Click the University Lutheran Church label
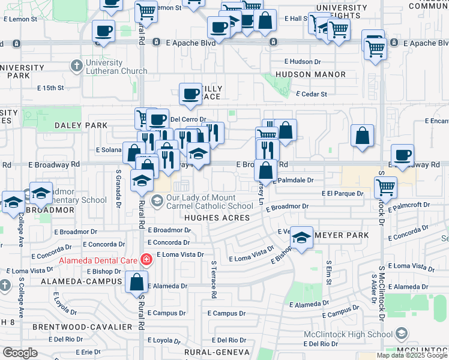pos(117,67)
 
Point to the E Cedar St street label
pos(312,94)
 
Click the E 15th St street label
pos(50,88)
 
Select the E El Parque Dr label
pos(342,194)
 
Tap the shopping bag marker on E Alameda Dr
pos(137,281)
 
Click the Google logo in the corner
pos(20,353)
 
